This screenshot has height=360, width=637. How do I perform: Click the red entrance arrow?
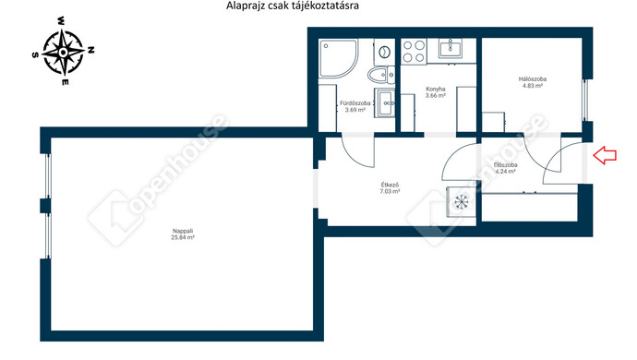point(605,155)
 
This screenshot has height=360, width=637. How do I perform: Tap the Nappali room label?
point(183,231)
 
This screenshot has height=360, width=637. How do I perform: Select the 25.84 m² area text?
point(183,237)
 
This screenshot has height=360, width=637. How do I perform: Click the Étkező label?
point(390,185)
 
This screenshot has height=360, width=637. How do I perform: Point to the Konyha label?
point(436,89)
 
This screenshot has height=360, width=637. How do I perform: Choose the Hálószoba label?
point(533,79)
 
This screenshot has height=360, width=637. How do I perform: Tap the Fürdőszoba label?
point(355,103)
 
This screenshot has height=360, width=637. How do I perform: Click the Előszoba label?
point(505,165)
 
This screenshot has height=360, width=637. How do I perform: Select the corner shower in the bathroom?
point(338,58)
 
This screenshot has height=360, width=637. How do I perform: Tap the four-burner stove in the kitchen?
point(414,52)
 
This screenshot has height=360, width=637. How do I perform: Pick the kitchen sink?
point(451,49)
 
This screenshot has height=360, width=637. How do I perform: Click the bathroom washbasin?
point(384,103)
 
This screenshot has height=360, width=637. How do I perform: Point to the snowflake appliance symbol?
point(461,201)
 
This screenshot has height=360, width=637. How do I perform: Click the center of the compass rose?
point(63,52)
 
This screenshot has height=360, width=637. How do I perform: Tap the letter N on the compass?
point(91,50)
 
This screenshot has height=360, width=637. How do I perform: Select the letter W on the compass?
point(61,20)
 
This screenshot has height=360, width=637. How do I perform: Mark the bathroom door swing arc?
point(355,156)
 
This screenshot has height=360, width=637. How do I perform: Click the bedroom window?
point(585,100)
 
